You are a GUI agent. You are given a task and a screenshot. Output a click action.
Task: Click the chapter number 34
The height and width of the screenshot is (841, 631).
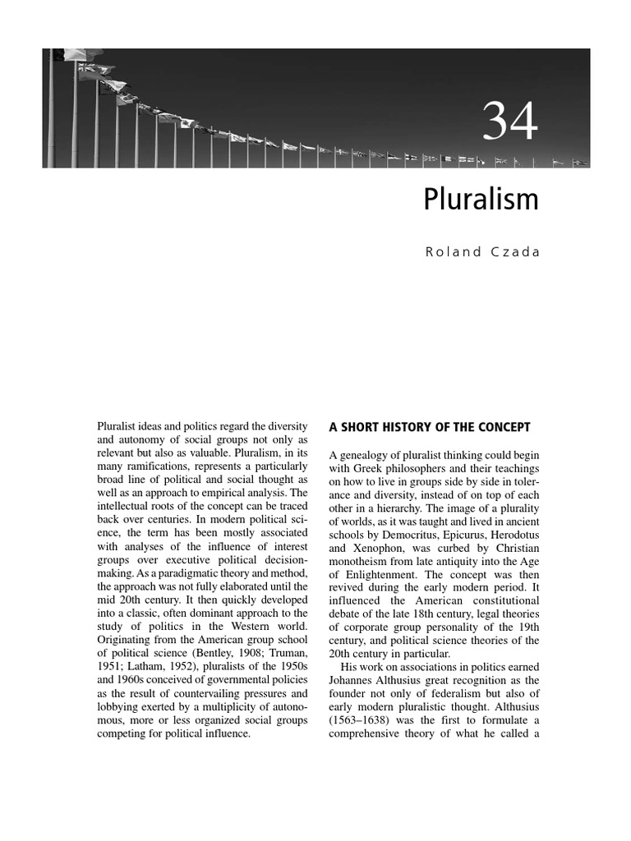coord(509,122)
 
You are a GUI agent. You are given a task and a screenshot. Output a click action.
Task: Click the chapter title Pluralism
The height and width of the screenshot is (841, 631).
coord(481,200)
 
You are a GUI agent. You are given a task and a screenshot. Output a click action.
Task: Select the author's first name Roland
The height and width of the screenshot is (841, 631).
coord(451,252)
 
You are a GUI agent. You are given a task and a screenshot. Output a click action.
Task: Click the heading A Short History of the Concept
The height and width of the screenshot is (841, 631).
coord(430,427)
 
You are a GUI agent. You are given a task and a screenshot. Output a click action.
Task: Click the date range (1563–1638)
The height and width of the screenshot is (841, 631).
coord(360,720)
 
